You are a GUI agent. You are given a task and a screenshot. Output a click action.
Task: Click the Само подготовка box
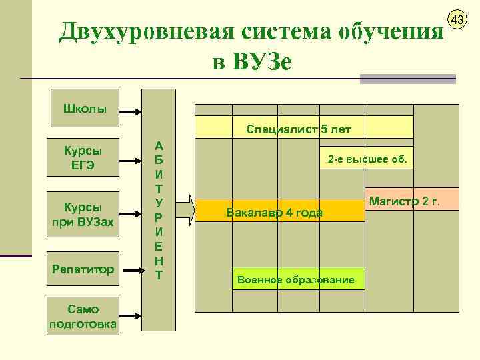(83, 315)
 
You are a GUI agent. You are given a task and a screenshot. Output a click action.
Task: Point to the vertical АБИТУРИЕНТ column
(159, 209)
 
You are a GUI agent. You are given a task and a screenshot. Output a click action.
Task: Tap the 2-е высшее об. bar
(369, 160)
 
